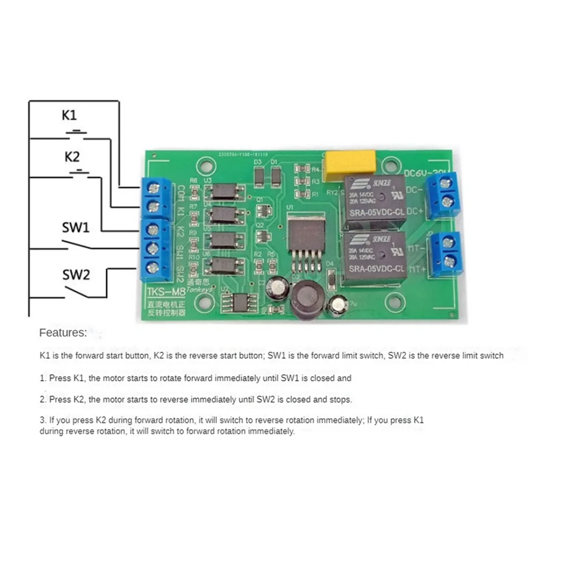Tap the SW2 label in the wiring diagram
(x=76, y=275)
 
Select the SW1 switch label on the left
(x=76, y=227)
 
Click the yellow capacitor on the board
(x=350, y=166)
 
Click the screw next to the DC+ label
(x=446, y=202)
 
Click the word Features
(x=63, y=333)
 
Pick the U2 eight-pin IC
(x=240, y=302)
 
